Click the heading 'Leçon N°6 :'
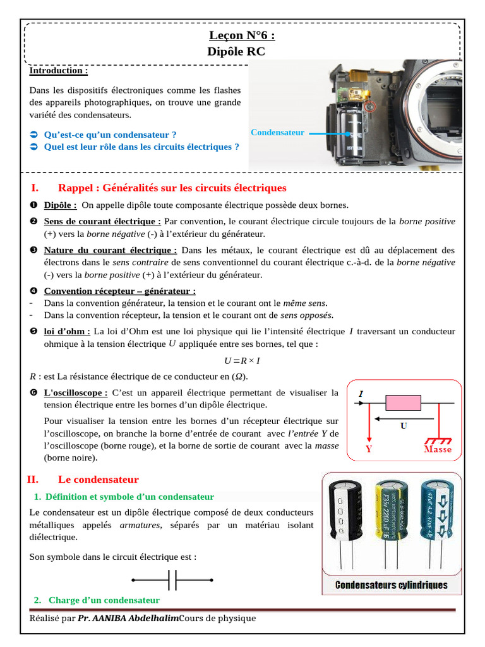pyautogui.click(x=242, y=36)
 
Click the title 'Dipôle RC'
pyautogui.click(x=236, y=52)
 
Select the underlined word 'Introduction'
pyautogui.click(x=58, y=71)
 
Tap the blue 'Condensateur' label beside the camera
pyautogui.click(x=277, y=133)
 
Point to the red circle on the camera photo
pyautogui.click(x=370, y=107)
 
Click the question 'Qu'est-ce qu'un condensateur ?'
pyautogui.click(x=110, y=135)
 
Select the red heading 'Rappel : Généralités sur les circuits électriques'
pyautogui.click(x=172, y=188)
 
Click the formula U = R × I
pyautogui.click(x=242, y=361)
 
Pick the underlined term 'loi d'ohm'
pyautogui.click(x=66, y=331)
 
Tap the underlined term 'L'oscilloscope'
pyautogui.click(x=75, y=392)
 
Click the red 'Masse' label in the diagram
pyautogui.click(x=437, y=449)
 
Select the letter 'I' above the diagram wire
pyautogui.click(x=361, y=394)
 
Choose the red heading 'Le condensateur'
pyautogui.click(x=98, y=480)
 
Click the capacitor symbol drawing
pyautogui.click(x=172, y=579)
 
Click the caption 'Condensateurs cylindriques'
pyautogui.click(x=391, y=585)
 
